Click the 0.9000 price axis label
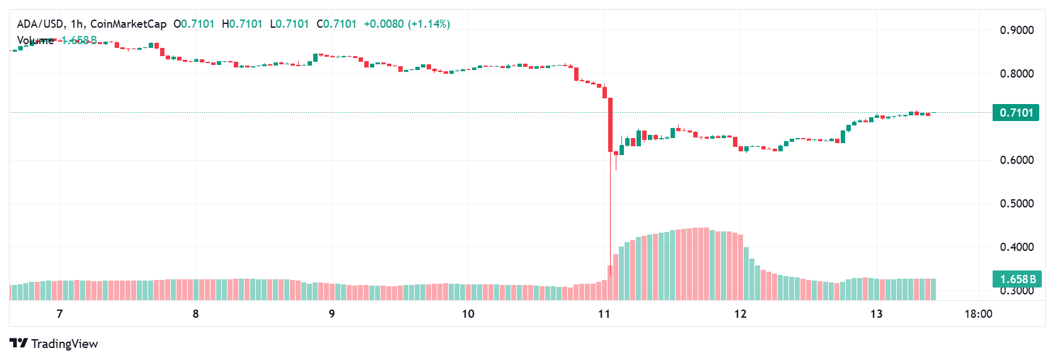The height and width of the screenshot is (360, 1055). coord(1017,30)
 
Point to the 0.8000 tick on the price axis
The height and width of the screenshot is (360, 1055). coord(1017,74)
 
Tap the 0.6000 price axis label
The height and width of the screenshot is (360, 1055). coord(1017,160)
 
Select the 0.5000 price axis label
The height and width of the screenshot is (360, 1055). coord(1017,204)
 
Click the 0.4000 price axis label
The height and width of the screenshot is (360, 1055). coord(1017,247)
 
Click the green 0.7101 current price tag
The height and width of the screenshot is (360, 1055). coord(1016,113)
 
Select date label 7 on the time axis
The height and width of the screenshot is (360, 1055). coord(60,314)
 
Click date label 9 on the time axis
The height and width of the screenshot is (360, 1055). coord(332,314)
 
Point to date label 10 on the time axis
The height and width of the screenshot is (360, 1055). coord(468,314)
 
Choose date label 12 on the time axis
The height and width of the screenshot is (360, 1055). coord(741,314)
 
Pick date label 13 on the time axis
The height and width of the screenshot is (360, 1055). coord(877,314)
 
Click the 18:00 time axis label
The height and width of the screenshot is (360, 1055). coord(978,314)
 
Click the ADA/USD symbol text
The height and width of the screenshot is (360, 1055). coord(40,24)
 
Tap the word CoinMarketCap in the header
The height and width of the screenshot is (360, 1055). coord(128,24)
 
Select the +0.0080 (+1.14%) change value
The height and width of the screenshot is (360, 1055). coord(406,24)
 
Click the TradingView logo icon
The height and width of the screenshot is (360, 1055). coord(19,344)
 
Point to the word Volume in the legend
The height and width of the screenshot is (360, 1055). coord(35,40)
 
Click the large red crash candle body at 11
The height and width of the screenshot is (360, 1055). coord(610,125)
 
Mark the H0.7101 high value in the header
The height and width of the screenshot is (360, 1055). coord(242,24)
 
